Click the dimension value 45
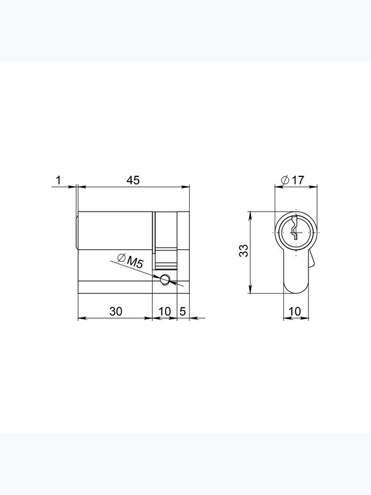(133, 180)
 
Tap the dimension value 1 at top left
(58, 180)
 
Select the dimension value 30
(116, 311)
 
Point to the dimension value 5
(182, 311)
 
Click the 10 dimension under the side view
(164, 311)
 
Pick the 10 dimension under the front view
(295, 311)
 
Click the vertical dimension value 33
(244, 251)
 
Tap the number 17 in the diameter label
(297, 180)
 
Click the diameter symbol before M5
(121, 258)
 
